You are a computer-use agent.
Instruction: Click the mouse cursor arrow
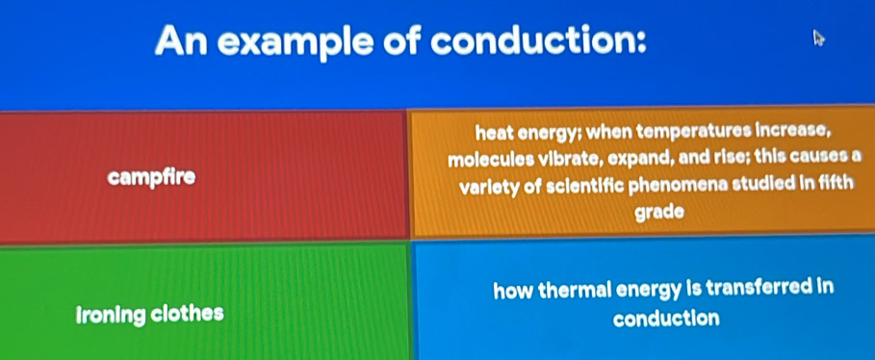pos(819,39)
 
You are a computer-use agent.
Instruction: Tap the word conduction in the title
pos(538,39)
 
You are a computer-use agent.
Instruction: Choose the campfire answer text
pos(152,177)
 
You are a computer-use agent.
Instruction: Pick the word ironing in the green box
pos(110,315)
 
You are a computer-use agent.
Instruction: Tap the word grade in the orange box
pos(660,213)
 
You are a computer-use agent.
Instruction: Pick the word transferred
pos(759,289)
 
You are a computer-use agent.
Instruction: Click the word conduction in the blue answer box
pos(666,319)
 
